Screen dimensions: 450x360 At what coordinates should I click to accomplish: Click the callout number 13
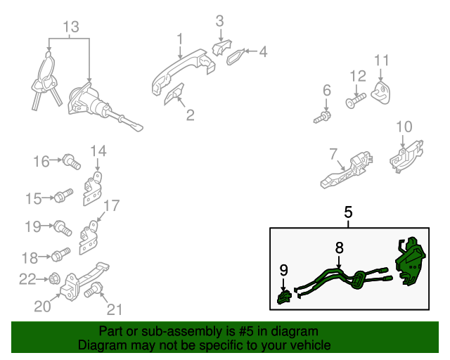pos(71,27)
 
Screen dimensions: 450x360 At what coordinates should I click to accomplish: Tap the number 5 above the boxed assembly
pos(348,212)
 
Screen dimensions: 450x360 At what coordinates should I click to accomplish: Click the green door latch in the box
pos(410,262)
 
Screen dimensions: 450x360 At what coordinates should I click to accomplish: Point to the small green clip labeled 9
pos(284,297)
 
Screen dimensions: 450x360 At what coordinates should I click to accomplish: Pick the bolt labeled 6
pos(322,117)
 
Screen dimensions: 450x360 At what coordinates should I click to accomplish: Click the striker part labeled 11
pos(380,93)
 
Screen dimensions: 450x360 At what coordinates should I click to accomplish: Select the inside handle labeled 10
pos(406,157)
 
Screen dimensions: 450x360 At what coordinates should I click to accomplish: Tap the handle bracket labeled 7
pos(347,171)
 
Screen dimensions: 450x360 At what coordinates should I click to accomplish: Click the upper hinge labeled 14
pos(92,188)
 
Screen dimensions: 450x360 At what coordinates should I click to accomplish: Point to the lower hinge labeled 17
pos(89,238)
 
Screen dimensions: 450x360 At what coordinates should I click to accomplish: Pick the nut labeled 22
pos(53,278)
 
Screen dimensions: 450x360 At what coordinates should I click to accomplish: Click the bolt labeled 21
pos(94,290)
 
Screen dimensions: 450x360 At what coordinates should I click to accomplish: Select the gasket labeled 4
pos(236,57)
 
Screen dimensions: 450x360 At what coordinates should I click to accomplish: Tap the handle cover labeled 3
pos(221,47)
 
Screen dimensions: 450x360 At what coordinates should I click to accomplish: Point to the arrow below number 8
pos(339,262)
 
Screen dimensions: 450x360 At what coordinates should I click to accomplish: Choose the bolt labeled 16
pos(72,162)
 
